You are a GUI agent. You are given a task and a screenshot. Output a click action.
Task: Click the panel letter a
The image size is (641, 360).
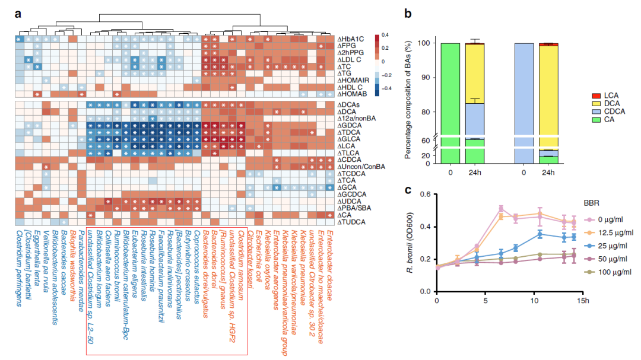coord(18,11)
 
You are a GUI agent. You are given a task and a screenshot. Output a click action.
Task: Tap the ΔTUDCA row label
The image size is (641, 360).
coord(351,222)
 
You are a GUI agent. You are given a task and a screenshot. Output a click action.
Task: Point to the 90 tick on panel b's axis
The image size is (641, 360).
coord(426,77)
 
